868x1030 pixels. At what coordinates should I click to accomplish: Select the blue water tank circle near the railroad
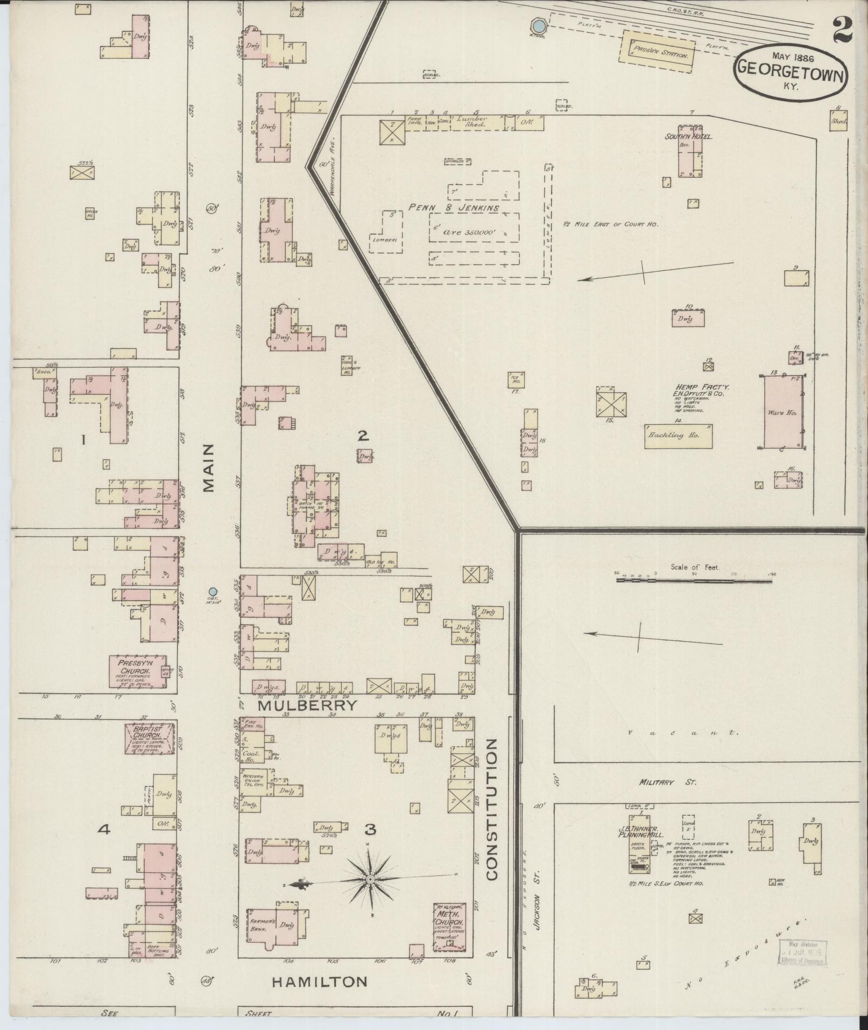click(x=538, y=25)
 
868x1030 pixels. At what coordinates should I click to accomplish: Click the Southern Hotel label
click(x=688, y=137)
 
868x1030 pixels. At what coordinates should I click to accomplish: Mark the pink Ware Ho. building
click(x=784, y=412)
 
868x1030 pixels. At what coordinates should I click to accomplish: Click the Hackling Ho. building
click(x=679, y=436)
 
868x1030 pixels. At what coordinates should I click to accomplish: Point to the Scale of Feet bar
click(x=694, y=580)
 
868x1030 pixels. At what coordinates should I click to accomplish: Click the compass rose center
click(x=370, y=879)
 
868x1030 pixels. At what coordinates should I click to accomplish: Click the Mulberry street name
click(x=307, y=705)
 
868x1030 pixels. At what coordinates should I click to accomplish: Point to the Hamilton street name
click(x=320, y=982)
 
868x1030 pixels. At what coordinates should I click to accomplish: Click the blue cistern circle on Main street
click(x=213, y=591)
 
